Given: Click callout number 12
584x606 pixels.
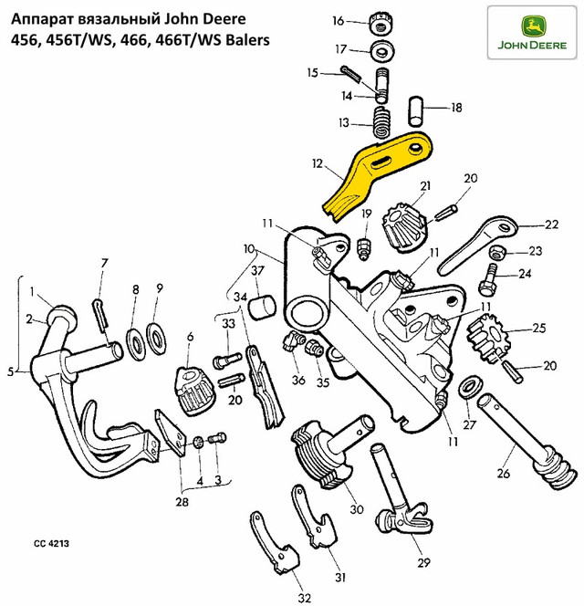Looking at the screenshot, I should (x=318, y=164).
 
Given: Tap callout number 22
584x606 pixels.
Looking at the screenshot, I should (x=551, y=224).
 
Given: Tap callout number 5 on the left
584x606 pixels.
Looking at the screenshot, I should (x=10, y=371).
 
